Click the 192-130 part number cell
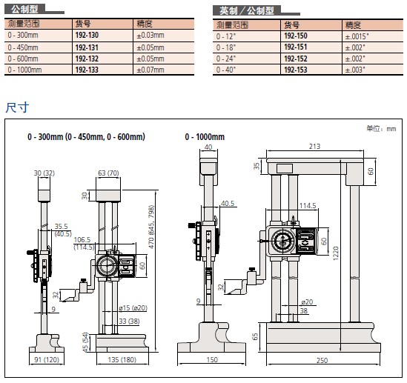click(x=87, y=35)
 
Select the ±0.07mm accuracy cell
click(x=150, y=70)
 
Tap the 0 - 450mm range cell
click(x=23, y=47)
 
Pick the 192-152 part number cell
click(x=296, y=59)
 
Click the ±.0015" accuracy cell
click(x=357, y=36)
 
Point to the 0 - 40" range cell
click(x=226, y=70)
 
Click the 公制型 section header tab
click(x=25, y=10)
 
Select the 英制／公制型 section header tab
click(x=247, y=10)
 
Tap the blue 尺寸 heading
click(x=17, y=107)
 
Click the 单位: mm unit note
click(x=381, y=128)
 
